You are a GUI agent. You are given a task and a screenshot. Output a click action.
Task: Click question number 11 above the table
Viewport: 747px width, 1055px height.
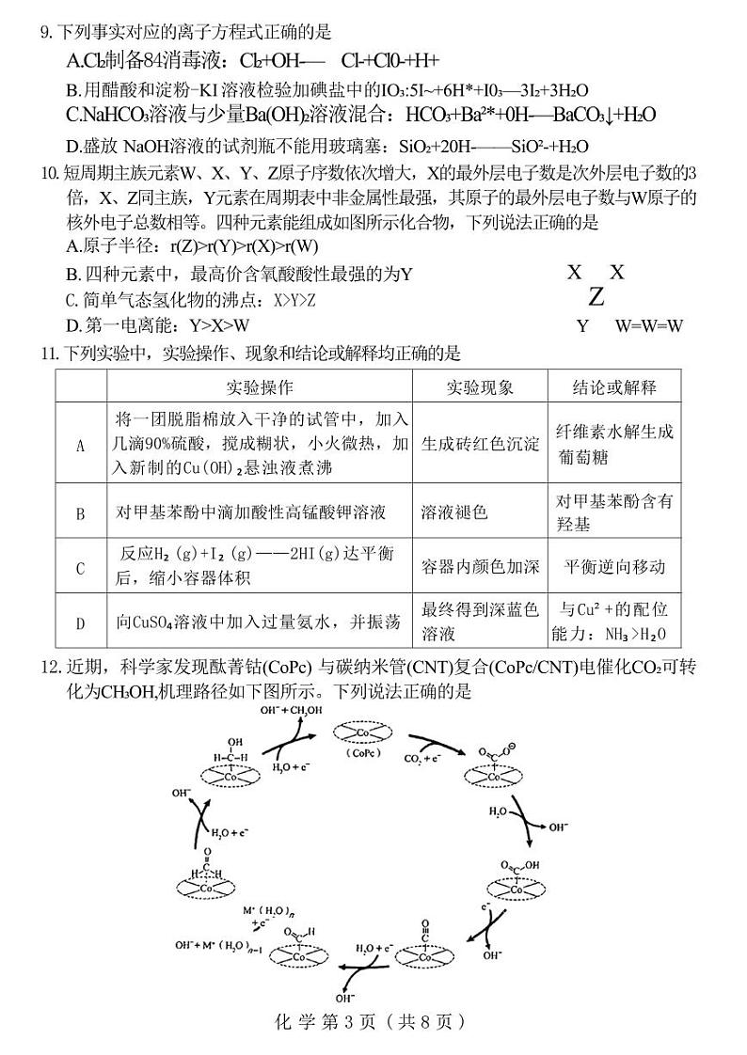(47, 354)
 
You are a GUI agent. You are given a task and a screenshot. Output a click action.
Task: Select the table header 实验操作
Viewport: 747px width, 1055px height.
(260, 387)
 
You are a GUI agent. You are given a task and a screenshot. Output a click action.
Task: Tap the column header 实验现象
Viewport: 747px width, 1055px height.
(480, 387)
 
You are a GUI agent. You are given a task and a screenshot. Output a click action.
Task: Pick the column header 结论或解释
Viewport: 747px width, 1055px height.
(614, 387)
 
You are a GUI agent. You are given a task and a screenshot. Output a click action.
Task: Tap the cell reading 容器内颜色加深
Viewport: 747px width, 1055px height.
(480, 567)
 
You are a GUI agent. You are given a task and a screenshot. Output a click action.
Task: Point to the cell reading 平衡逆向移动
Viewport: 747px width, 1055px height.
(614, 567)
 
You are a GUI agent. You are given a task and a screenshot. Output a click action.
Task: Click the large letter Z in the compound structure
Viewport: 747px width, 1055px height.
(596, 298)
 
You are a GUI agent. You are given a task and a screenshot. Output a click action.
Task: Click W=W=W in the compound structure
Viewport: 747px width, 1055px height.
(648, 326)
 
